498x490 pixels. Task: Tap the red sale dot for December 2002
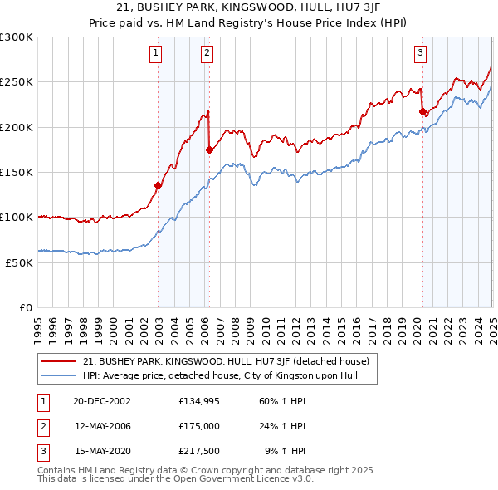[158, 185]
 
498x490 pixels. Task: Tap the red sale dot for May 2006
[209, 149]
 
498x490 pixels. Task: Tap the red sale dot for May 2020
[422, 111]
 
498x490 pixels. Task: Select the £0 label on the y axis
[25, 307]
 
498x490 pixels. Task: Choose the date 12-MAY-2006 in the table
[102, 427]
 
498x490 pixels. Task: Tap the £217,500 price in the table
[199, 452]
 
